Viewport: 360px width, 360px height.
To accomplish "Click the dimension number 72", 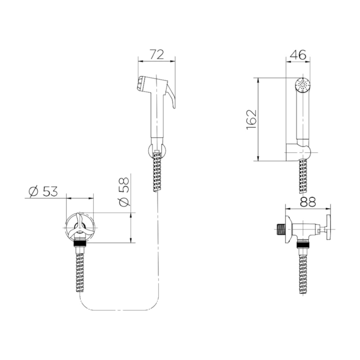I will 156,55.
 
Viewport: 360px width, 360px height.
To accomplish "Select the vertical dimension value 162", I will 252,119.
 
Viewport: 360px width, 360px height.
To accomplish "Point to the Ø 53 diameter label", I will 43,191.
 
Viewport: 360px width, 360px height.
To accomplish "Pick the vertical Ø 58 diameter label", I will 124,191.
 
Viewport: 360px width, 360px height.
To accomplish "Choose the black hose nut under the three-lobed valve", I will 80,248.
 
